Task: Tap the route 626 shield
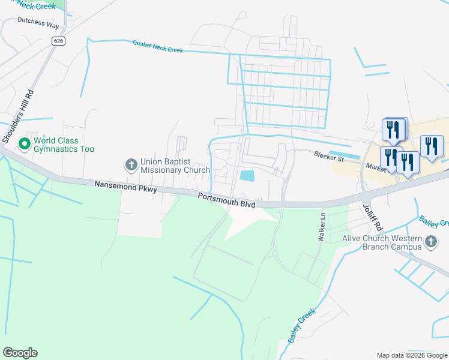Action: point(58,41)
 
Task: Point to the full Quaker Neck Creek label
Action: point(157,46)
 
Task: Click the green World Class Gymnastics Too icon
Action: point(25,144)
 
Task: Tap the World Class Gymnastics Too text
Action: point(64,145)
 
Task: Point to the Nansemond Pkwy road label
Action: point(125,187)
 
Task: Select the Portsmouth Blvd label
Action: point(227,201)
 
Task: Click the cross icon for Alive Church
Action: point(430,242)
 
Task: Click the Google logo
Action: point(20,353)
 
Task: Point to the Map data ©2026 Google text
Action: point(411,355)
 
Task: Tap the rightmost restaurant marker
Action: point(432,146)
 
